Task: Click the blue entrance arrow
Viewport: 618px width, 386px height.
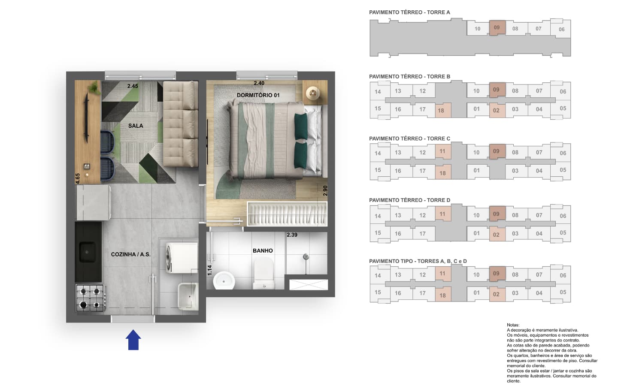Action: [x=133, y=340]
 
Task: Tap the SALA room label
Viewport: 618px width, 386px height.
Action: [x=136, y=126]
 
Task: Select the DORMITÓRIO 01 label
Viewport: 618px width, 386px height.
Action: [x=258, y=95]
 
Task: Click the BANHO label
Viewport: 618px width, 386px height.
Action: [x=263, y=250]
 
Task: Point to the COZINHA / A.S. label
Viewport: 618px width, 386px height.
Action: [x=131, y=254]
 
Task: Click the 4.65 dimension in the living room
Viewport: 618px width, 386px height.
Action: [x=78, y=178]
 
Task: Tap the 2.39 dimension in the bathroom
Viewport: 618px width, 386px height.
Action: [x=292, y=235]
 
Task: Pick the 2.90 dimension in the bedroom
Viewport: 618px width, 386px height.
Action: [x=325, y=190]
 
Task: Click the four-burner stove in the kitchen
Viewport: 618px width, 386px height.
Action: [x=90, y=298]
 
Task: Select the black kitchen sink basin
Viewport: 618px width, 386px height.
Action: [x=87, y=252]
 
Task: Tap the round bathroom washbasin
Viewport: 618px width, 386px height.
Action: [x=224, y=280]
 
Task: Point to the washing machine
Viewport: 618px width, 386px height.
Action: [x=182, y=258]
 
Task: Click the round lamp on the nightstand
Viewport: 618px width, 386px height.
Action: [x=313, y=93]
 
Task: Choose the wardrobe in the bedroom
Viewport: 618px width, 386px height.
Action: [x=287, y=214]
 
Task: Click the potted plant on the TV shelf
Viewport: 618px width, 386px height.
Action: [x=94, y=88]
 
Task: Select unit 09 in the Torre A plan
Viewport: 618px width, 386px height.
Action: [x=497, y=27]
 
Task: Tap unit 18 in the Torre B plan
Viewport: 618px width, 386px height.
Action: [x=443, y=110]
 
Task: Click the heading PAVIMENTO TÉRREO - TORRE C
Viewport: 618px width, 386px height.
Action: [x=409, y=139]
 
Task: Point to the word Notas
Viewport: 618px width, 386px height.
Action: [x=513, y=325]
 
